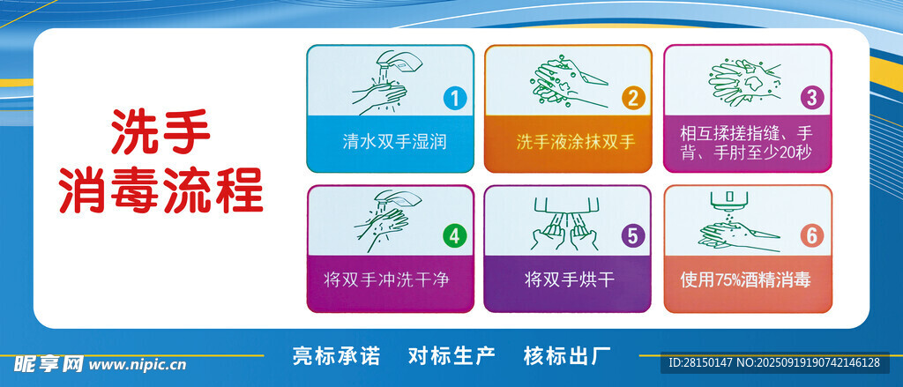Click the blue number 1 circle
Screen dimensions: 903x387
point(455,99)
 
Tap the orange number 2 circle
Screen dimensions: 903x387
point(632,99)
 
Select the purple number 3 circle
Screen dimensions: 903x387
point(811,98)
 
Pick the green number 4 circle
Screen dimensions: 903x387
point(454,236)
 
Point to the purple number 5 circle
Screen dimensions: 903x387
point(632,236)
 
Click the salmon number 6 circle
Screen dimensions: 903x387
point(811,236)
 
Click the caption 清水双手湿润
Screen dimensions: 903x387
point(394,142)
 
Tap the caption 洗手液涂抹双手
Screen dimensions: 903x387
point(575,142)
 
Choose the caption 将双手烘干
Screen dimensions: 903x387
point(571,280)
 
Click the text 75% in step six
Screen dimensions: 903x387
point(728,281)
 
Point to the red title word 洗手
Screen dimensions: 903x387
point(160,132)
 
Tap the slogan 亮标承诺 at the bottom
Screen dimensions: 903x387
point(336,355)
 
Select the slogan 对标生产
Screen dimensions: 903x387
point(451,355)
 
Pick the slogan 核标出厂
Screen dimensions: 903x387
point(567,355)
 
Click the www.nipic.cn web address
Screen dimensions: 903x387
point(138,365)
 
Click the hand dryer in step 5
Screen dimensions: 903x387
point(568,205)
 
